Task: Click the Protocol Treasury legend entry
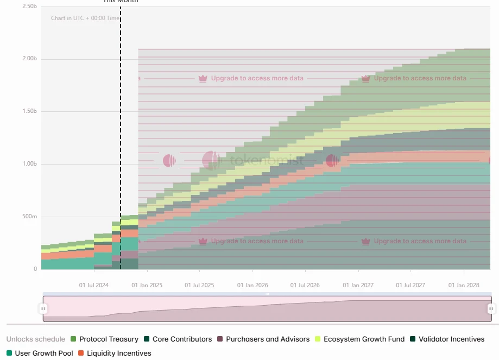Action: [109, 339]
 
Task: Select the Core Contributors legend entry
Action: [182, 339]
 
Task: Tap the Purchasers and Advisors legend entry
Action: [268, 339]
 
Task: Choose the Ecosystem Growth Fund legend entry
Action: [364, 339]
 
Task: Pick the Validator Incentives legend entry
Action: [451, 339]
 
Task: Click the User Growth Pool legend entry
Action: [43, 353]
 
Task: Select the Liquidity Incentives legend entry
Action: [119, 353]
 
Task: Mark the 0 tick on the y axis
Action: [35, 269]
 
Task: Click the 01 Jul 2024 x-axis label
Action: [94, 285]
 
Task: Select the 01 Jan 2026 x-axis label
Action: [252, 285]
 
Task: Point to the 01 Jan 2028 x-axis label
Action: [464, 285]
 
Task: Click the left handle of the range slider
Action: [43, 308]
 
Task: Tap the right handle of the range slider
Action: [491, 308]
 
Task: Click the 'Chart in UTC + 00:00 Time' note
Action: [85, 18]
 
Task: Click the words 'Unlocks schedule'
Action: [36, 339]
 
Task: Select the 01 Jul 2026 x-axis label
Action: [305, 285]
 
